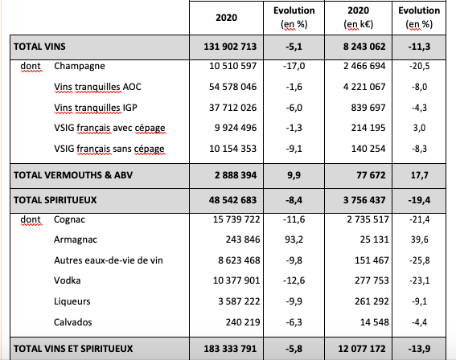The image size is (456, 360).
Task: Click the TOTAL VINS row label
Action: coord(39,47)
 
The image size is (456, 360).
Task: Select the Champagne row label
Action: coord(80,66)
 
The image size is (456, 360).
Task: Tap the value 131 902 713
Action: coord(230,47)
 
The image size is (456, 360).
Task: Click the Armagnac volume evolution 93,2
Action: coord(294,239)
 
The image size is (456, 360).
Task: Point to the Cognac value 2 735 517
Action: coord(368,219)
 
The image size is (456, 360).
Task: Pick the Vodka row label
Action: coord(68,280)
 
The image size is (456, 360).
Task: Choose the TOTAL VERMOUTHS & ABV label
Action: coord(73,175)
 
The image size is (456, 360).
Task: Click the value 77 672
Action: coord(371,175)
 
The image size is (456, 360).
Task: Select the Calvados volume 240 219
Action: coord(243,322)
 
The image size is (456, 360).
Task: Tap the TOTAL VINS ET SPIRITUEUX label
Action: coord(73,349)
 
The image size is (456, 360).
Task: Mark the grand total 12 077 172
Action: coord(361,349)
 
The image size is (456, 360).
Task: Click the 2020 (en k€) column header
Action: coord(359,18)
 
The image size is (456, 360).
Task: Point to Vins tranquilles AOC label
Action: coord(97,87)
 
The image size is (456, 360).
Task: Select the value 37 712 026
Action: coord(233,108)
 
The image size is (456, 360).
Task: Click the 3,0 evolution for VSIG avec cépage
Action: coord(419,128)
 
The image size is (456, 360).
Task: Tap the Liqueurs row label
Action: coord(72,301)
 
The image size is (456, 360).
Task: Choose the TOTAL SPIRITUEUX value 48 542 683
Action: coord(232,200)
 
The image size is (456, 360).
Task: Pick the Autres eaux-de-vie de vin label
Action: coord(109,260)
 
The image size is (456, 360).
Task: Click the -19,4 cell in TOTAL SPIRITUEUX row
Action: coord(419,200)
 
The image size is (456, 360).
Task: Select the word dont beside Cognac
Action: coord(31,219)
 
